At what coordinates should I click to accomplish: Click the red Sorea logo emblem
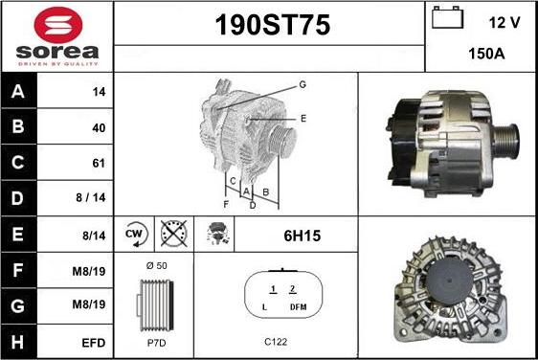click(58, 25)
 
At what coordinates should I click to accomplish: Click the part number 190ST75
click(273, 25)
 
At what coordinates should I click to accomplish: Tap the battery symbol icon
click(447, 17)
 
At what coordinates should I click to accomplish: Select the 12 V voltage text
click(504, 23)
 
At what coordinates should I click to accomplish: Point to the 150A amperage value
click(486, 54)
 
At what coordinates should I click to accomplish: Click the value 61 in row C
click(99, 163)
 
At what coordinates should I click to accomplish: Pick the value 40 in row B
click(99, 127)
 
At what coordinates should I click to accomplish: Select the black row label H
click(18, 342)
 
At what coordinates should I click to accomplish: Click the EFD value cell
click(93, 343)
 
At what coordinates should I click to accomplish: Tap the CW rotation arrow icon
click(136, 234)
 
